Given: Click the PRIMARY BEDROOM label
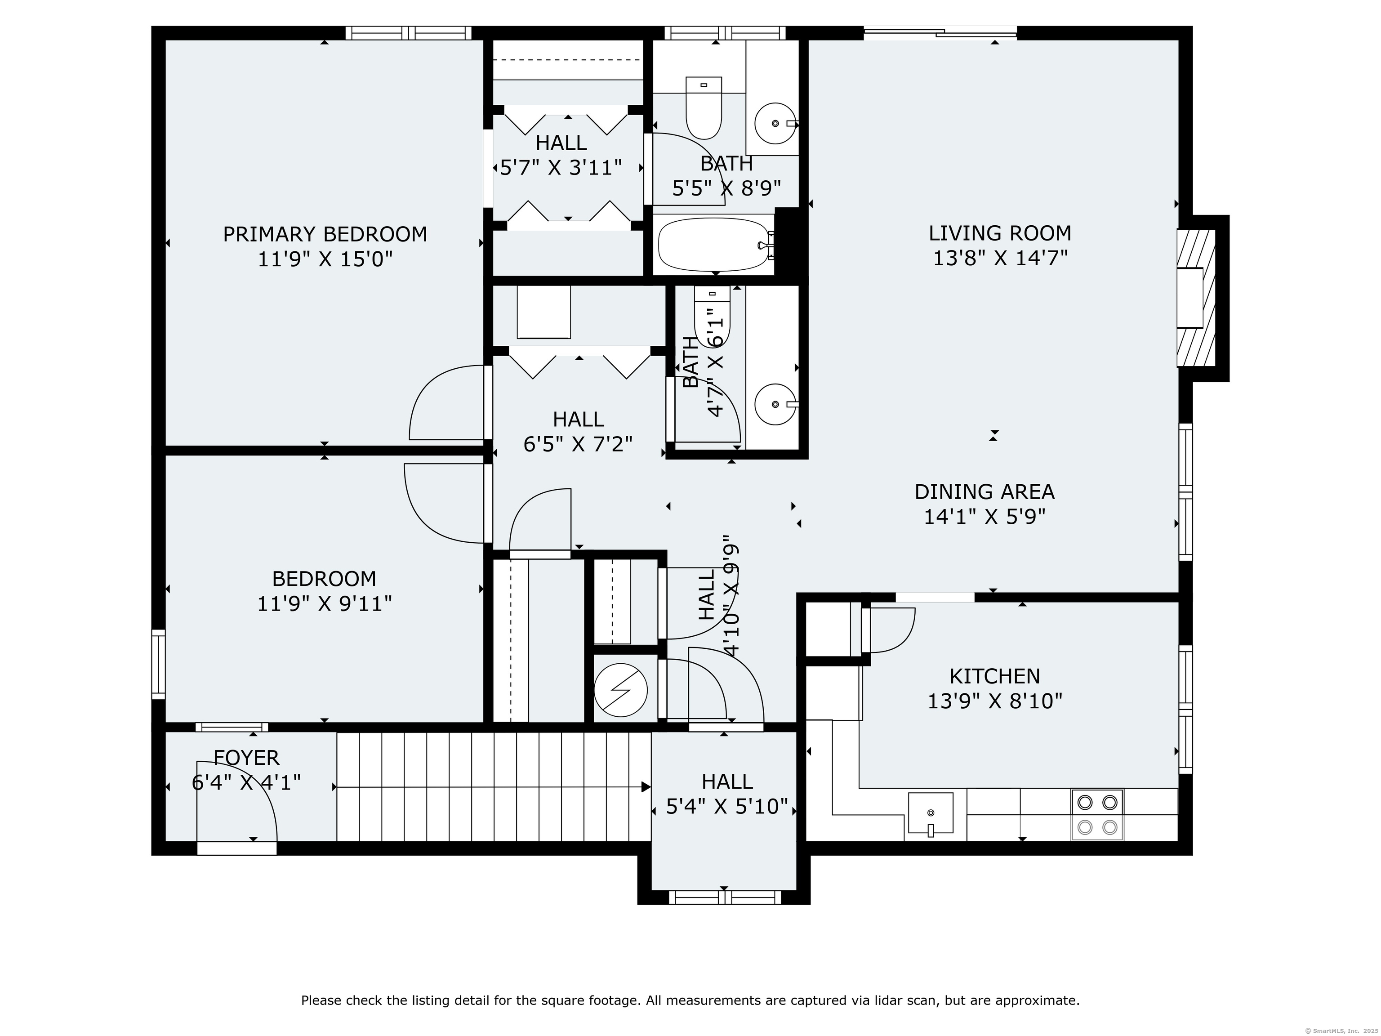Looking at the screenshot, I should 325,234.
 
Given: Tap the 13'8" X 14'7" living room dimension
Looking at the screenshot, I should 999,258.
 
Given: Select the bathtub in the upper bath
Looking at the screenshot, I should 713,244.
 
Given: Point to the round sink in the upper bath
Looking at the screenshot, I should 774,124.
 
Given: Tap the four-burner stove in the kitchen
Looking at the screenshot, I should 1097,814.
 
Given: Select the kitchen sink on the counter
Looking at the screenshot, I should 930,813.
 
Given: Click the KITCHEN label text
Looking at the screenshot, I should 994,676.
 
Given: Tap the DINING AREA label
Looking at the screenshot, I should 984,491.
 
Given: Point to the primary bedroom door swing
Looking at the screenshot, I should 446,403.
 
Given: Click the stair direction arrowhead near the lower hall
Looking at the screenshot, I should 646,787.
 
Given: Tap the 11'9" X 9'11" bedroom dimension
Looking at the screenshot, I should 325,604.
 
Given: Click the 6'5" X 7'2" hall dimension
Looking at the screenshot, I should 578,444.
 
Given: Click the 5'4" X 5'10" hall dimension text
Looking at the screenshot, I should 727,807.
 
